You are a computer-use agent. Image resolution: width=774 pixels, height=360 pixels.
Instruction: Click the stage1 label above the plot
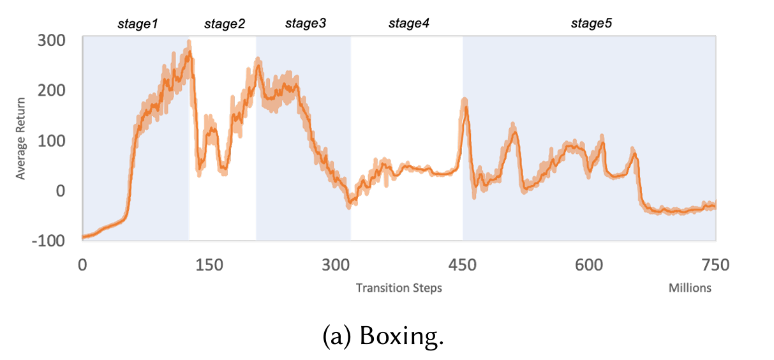(x=138, y=24)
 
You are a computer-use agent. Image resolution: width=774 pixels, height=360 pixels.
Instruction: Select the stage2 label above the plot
(x=225, y=24)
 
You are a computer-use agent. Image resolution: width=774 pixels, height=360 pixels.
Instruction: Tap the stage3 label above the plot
(x=306, y=24)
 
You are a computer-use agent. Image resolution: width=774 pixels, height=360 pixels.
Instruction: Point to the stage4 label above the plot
(x=409, y=24)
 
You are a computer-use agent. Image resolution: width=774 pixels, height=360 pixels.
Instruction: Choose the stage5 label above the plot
(x=592, y=24)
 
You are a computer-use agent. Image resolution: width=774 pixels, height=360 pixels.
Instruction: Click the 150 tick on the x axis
(x=209, y=265)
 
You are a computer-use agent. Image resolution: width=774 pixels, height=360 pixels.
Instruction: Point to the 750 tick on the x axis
(x=715, y=265)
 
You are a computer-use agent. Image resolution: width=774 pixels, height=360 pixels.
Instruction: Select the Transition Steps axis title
(x=399, y=288)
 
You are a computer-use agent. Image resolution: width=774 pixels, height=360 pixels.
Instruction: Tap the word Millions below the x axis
(x=690, y=288)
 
